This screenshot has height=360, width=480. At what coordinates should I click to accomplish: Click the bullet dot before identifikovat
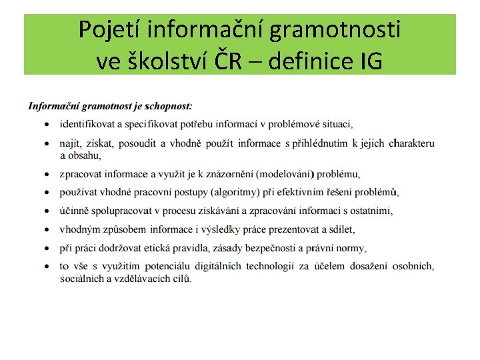pyautogui.click(x=46, y=125)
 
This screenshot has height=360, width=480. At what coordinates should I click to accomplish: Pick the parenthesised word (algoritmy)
pyautogui.click(x=240, y=193)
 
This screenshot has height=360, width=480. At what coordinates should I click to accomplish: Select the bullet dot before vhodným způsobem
pyautogui.click(x=46, y=230)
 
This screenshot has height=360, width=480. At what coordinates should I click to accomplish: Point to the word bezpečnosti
pyautogui.click(x=273, y=248)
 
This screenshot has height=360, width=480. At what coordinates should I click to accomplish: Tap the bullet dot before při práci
pyautogui.click(x=46, y=249)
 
